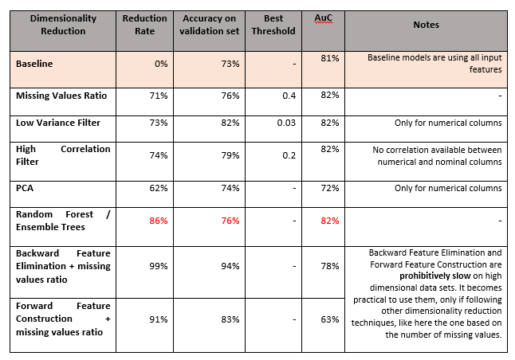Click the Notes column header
tap(426, 25)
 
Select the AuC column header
tap(323, 18)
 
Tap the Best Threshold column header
tap(273, 25)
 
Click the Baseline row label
tap(34, 64)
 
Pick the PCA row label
tap(25, 188)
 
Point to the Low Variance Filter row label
tap(58, 123)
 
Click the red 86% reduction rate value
tap(159, 221)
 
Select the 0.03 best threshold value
tap(286, 123)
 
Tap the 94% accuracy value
tap(230, 266)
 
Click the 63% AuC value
tap(330, 319)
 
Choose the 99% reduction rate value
tap(159, 266)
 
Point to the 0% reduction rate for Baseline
tap(161, 64)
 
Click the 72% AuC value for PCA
tap(330, 188)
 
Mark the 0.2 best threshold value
tap(289, 155)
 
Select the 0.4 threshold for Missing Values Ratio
tap(289, 96)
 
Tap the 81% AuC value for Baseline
tap(330, 58)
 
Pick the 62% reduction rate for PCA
tap(159, 188)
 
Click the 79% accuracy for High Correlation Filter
tap(230, 155)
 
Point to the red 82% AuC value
tap(330, 221)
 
